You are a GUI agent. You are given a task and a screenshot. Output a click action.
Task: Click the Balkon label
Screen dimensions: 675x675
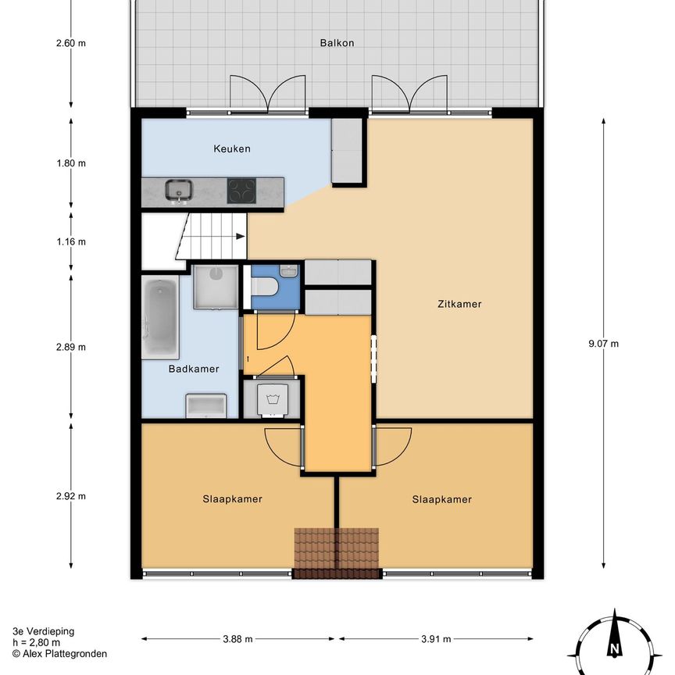[x=337, y=43]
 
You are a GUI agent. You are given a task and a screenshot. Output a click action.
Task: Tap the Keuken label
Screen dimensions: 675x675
[x=233, y=148]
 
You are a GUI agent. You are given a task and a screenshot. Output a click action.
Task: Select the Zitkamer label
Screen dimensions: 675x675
[x=459, y=304]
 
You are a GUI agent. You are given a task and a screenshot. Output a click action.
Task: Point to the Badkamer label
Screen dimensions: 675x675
[x=194, y=369]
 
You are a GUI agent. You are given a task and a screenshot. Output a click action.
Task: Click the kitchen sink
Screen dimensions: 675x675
[x=179, y=190]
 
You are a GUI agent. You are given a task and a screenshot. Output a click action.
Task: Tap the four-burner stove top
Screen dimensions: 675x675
[x=241, y=191]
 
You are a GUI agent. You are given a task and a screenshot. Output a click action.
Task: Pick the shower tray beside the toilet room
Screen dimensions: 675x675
[x=215, y=286]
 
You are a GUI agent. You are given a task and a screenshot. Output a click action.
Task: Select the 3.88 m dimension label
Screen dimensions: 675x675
[x=237, y=639]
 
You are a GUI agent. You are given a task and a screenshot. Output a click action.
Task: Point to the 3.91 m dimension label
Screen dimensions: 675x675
[x=435, y=639]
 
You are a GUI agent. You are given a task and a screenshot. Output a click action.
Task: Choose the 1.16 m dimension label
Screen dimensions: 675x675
[x=71, y=241]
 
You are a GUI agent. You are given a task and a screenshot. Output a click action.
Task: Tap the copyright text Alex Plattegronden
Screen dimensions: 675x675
[x=59, y=654]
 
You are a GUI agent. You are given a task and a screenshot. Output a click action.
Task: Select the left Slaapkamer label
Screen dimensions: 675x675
[x=232, y=499]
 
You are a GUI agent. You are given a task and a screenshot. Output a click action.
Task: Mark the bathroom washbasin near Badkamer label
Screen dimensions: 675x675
[x=206, y=405]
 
